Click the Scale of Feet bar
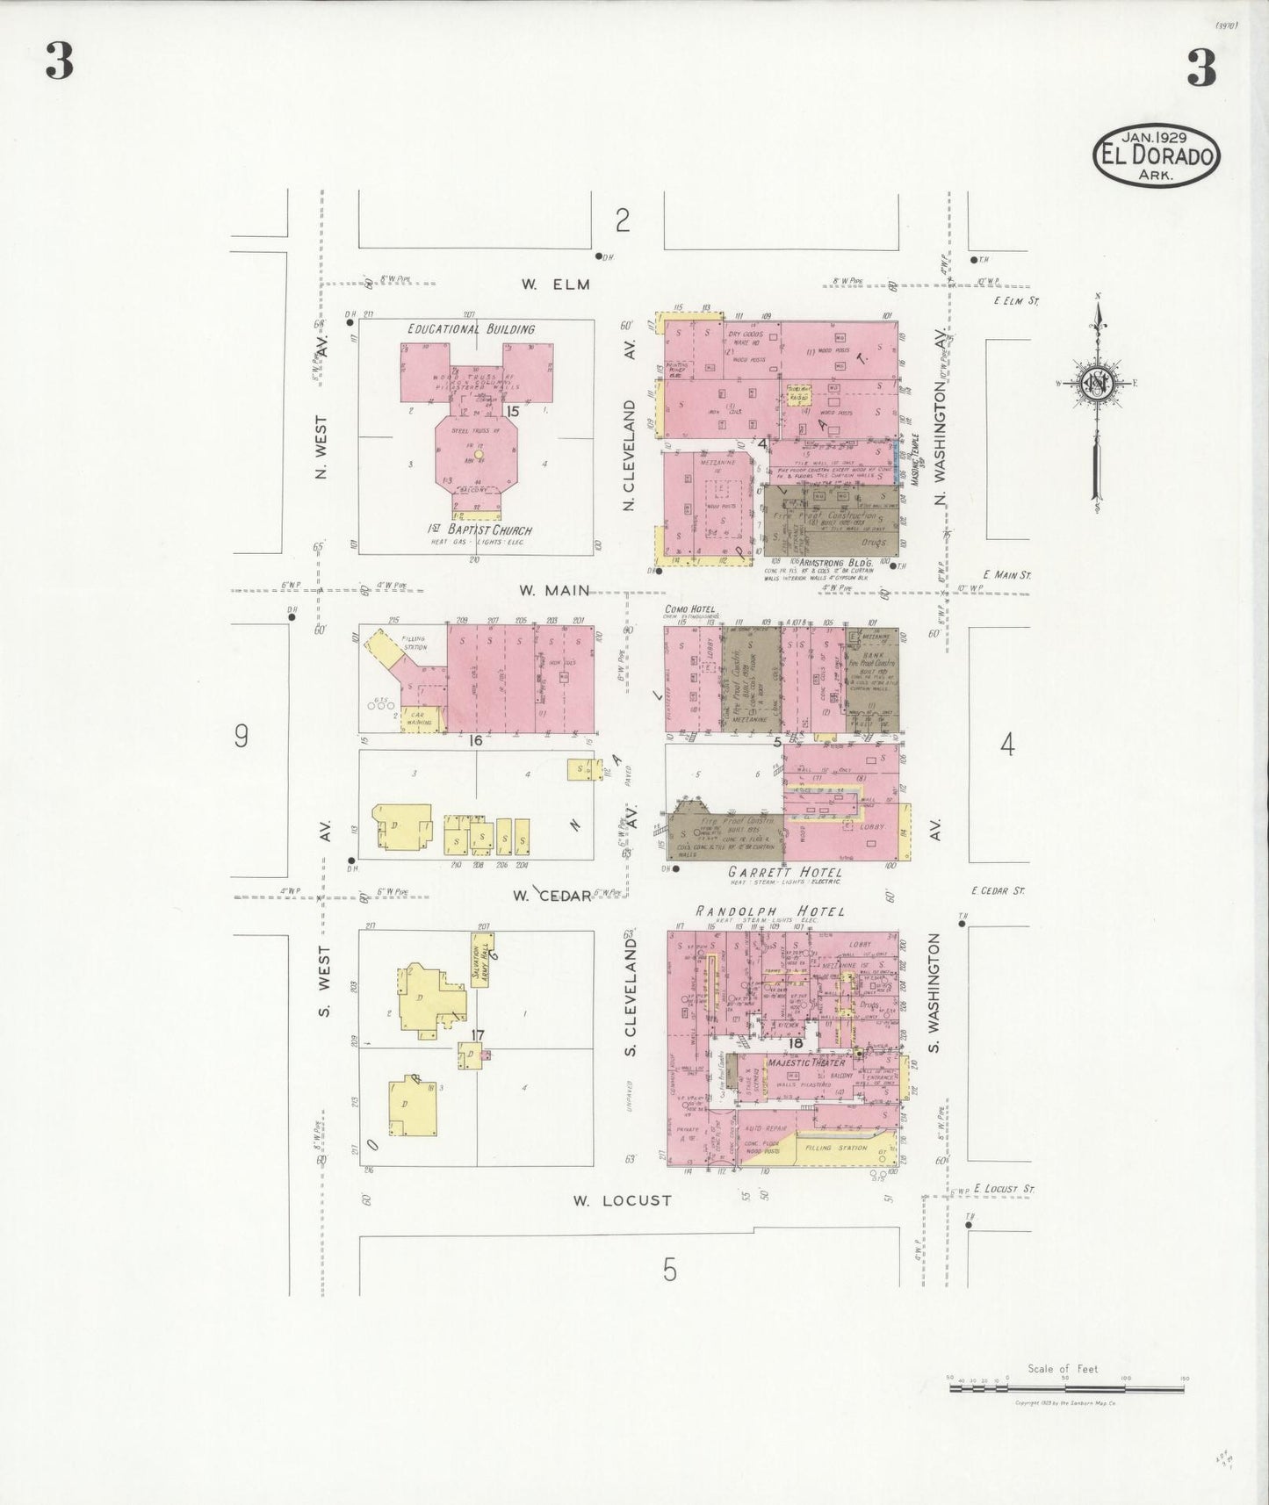[x=1066, y=1389]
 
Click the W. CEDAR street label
[x=552, y=896]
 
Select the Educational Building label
[x=471, y=329]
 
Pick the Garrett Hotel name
[x=784, y=872]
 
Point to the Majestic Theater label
[x=805, y=1062]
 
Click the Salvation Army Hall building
[x=479, y=965]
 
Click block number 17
[x=478, y=1035]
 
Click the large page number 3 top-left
[x=60, y=64]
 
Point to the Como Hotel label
[x=690, y=609]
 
